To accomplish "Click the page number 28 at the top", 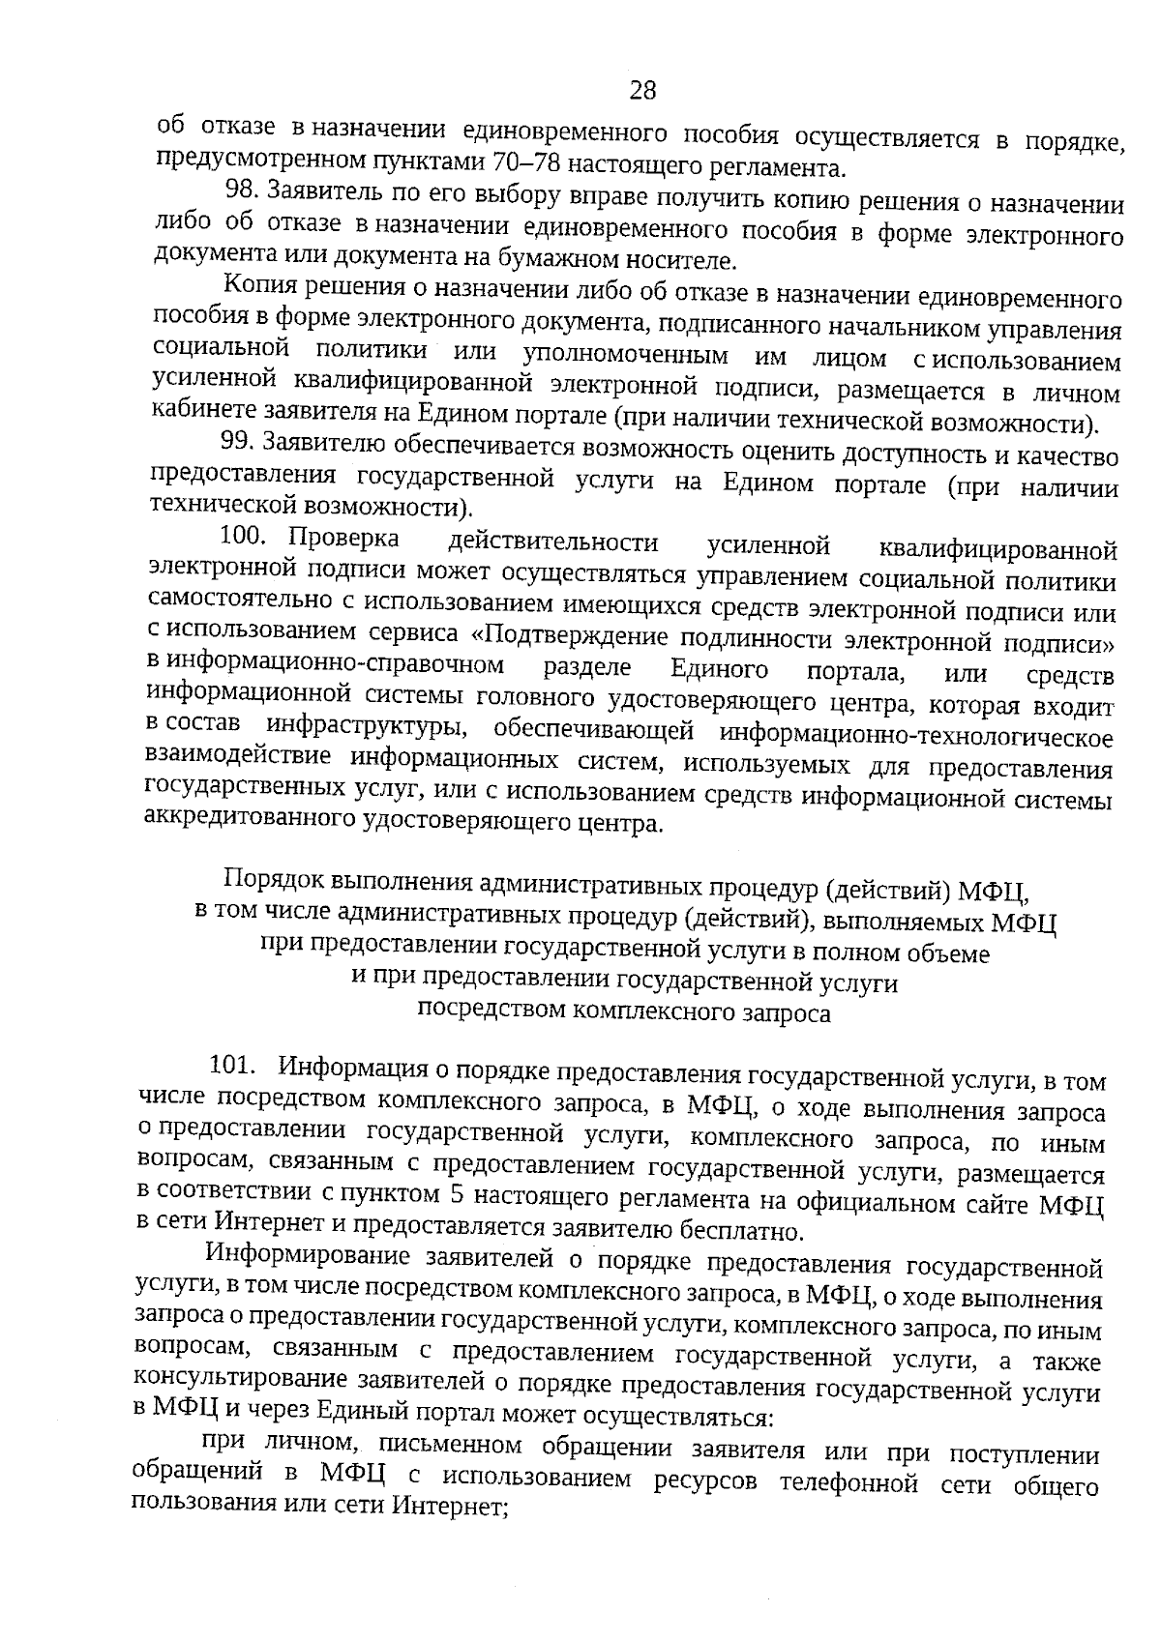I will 642,91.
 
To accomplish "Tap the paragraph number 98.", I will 241,191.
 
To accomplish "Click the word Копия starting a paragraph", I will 259,287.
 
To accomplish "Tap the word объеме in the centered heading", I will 949,954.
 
